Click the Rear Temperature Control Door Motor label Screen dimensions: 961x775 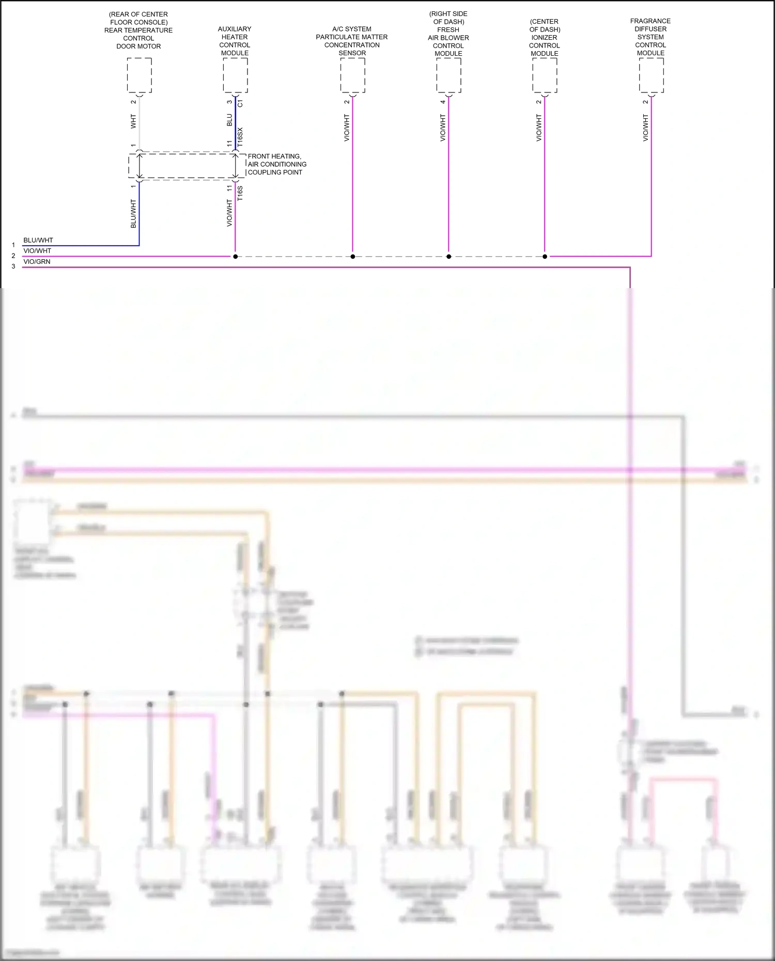pos(138,30)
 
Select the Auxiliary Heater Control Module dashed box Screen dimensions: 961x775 pos(235,75)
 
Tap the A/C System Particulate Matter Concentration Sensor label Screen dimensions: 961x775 pos(352,41)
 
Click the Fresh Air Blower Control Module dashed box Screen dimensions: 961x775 pos(448,75)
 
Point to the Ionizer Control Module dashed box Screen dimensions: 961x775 pos(545,75)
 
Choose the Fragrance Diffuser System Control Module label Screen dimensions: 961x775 pos(650,37)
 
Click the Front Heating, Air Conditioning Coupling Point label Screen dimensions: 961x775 pos(277,164)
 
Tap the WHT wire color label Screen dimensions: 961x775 pos(133,122)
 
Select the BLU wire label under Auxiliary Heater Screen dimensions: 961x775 pos(229,120)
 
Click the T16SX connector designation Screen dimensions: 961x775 pos(240,137)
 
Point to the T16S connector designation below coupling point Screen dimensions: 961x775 pos(240,193)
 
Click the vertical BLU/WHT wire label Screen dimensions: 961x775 pos(133,214)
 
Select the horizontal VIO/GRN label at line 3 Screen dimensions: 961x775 pos(37,262)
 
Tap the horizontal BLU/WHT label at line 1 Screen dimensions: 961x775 pos(38,240)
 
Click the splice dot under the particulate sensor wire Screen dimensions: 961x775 pos(353,257)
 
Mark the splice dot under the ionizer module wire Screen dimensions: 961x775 pos(545,257)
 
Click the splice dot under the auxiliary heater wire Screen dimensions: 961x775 pos(235,257)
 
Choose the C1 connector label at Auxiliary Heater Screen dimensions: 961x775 pos(240,104)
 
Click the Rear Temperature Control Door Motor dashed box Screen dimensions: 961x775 pos(139,75)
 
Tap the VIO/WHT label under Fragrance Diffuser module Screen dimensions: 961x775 pos(645,128)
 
